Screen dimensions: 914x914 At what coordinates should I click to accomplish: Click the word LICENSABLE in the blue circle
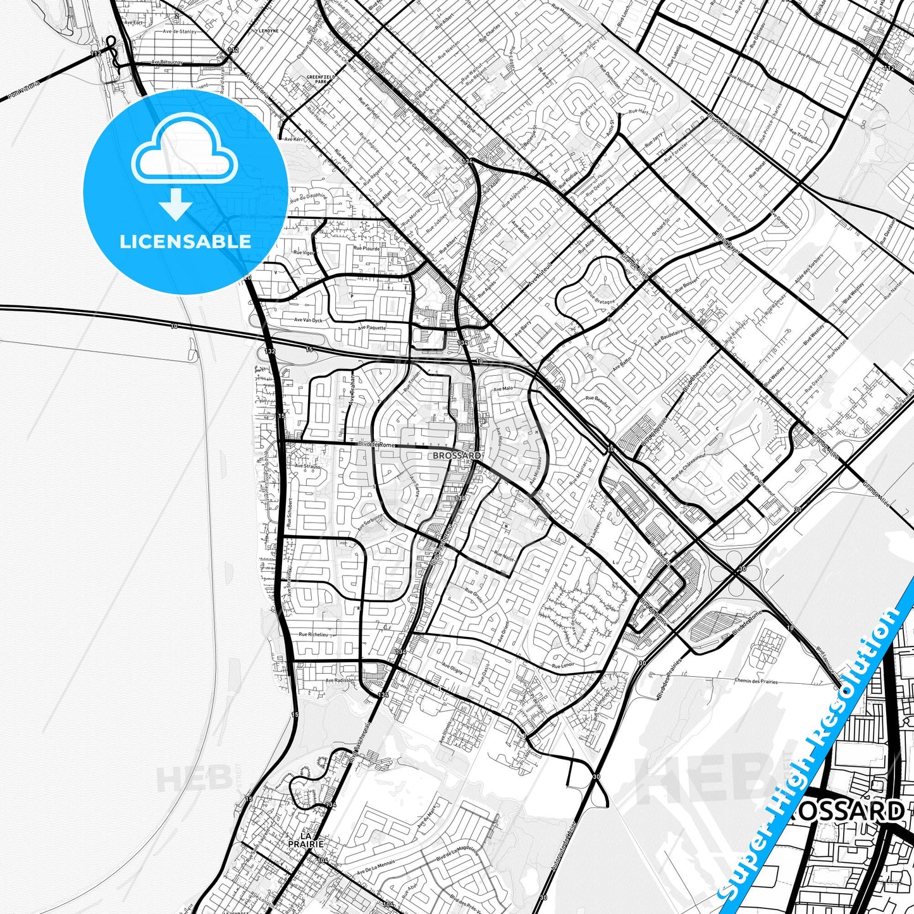(x=185, y=241)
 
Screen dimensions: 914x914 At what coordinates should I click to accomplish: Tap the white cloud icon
(x=185, y=148)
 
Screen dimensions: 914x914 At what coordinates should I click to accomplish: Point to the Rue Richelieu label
(x=313, y=634)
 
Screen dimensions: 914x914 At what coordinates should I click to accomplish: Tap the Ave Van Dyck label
(x=308, y=321)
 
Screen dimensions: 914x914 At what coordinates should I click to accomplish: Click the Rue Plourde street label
(x=367, y=249)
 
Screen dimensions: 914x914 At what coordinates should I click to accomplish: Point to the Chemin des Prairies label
(x=756, y=681)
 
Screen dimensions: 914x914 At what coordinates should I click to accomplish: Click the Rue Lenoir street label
(x=563, y=665)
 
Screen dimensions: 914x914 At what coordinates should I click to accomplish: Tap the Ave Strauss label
(x=307, y=466)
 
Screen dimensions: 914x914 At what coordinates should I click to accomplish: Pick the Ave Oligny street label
(x=452, y=669)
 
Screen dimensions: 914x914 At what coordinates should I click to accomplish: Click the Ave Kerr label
(x=293, y=139)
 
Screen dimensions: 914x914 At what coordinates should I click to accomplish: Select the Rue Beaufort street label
(x=598, y=402)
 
